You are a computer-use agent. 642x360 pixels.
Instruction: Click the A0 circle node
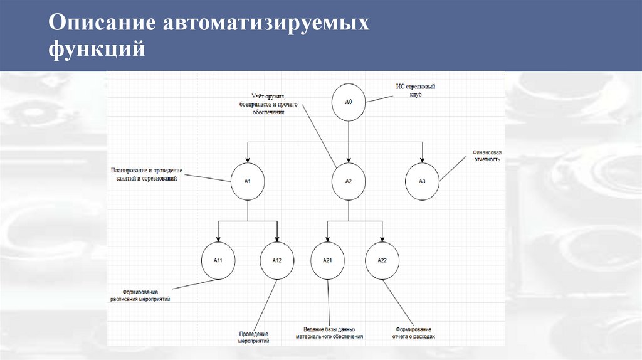[x=349, y=101]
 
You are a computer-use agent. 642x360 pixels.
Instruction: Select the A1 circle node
[x=248, y=181]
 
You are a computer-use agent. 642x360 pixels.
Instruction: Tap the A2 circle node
[x=349, y=181]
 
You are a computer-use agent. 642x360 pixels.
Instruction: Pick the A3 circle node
[x=422, y=181]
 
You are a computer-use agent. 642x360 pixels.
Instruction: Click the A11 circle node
[x=218, y=260]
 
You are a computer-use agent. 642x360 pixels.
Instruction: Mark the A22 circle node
[x=382, y=260]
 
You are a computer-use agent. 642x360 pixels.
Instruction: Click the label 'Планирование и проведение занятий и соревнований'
[x=145, y=174]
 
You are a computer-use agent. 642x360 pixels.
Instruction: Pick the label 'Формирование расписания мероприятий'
[x=140, y=296]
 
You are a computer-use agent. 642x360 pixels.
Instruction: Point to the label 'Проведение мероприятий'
[x=253, y=338]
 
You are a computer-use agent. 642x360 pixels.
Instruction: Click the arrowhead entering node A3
[x=422, y=159]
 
